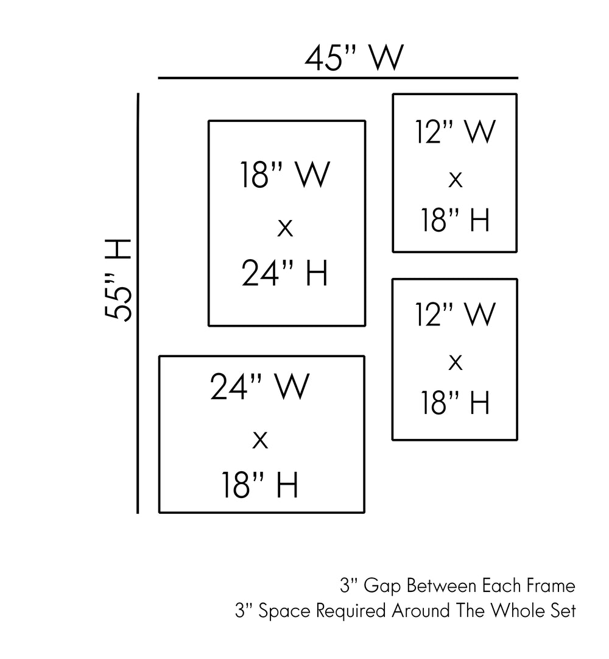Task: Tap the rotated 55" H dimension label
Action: pos(118,280)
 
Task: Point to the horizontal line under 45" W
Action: pos(338,79)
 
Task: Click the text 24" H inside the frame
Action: pos(285,274)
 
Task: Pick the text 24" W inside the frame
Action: pos(260,386)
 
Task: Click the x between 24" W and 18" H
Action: pos(260,439)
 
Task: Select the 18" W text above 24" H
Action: pos(285,176)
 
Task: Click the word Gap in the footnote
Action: pos(382,586)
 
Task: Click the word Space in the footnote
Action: pos(278,611)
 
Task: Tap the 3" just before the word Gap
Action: pos(348,586)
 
